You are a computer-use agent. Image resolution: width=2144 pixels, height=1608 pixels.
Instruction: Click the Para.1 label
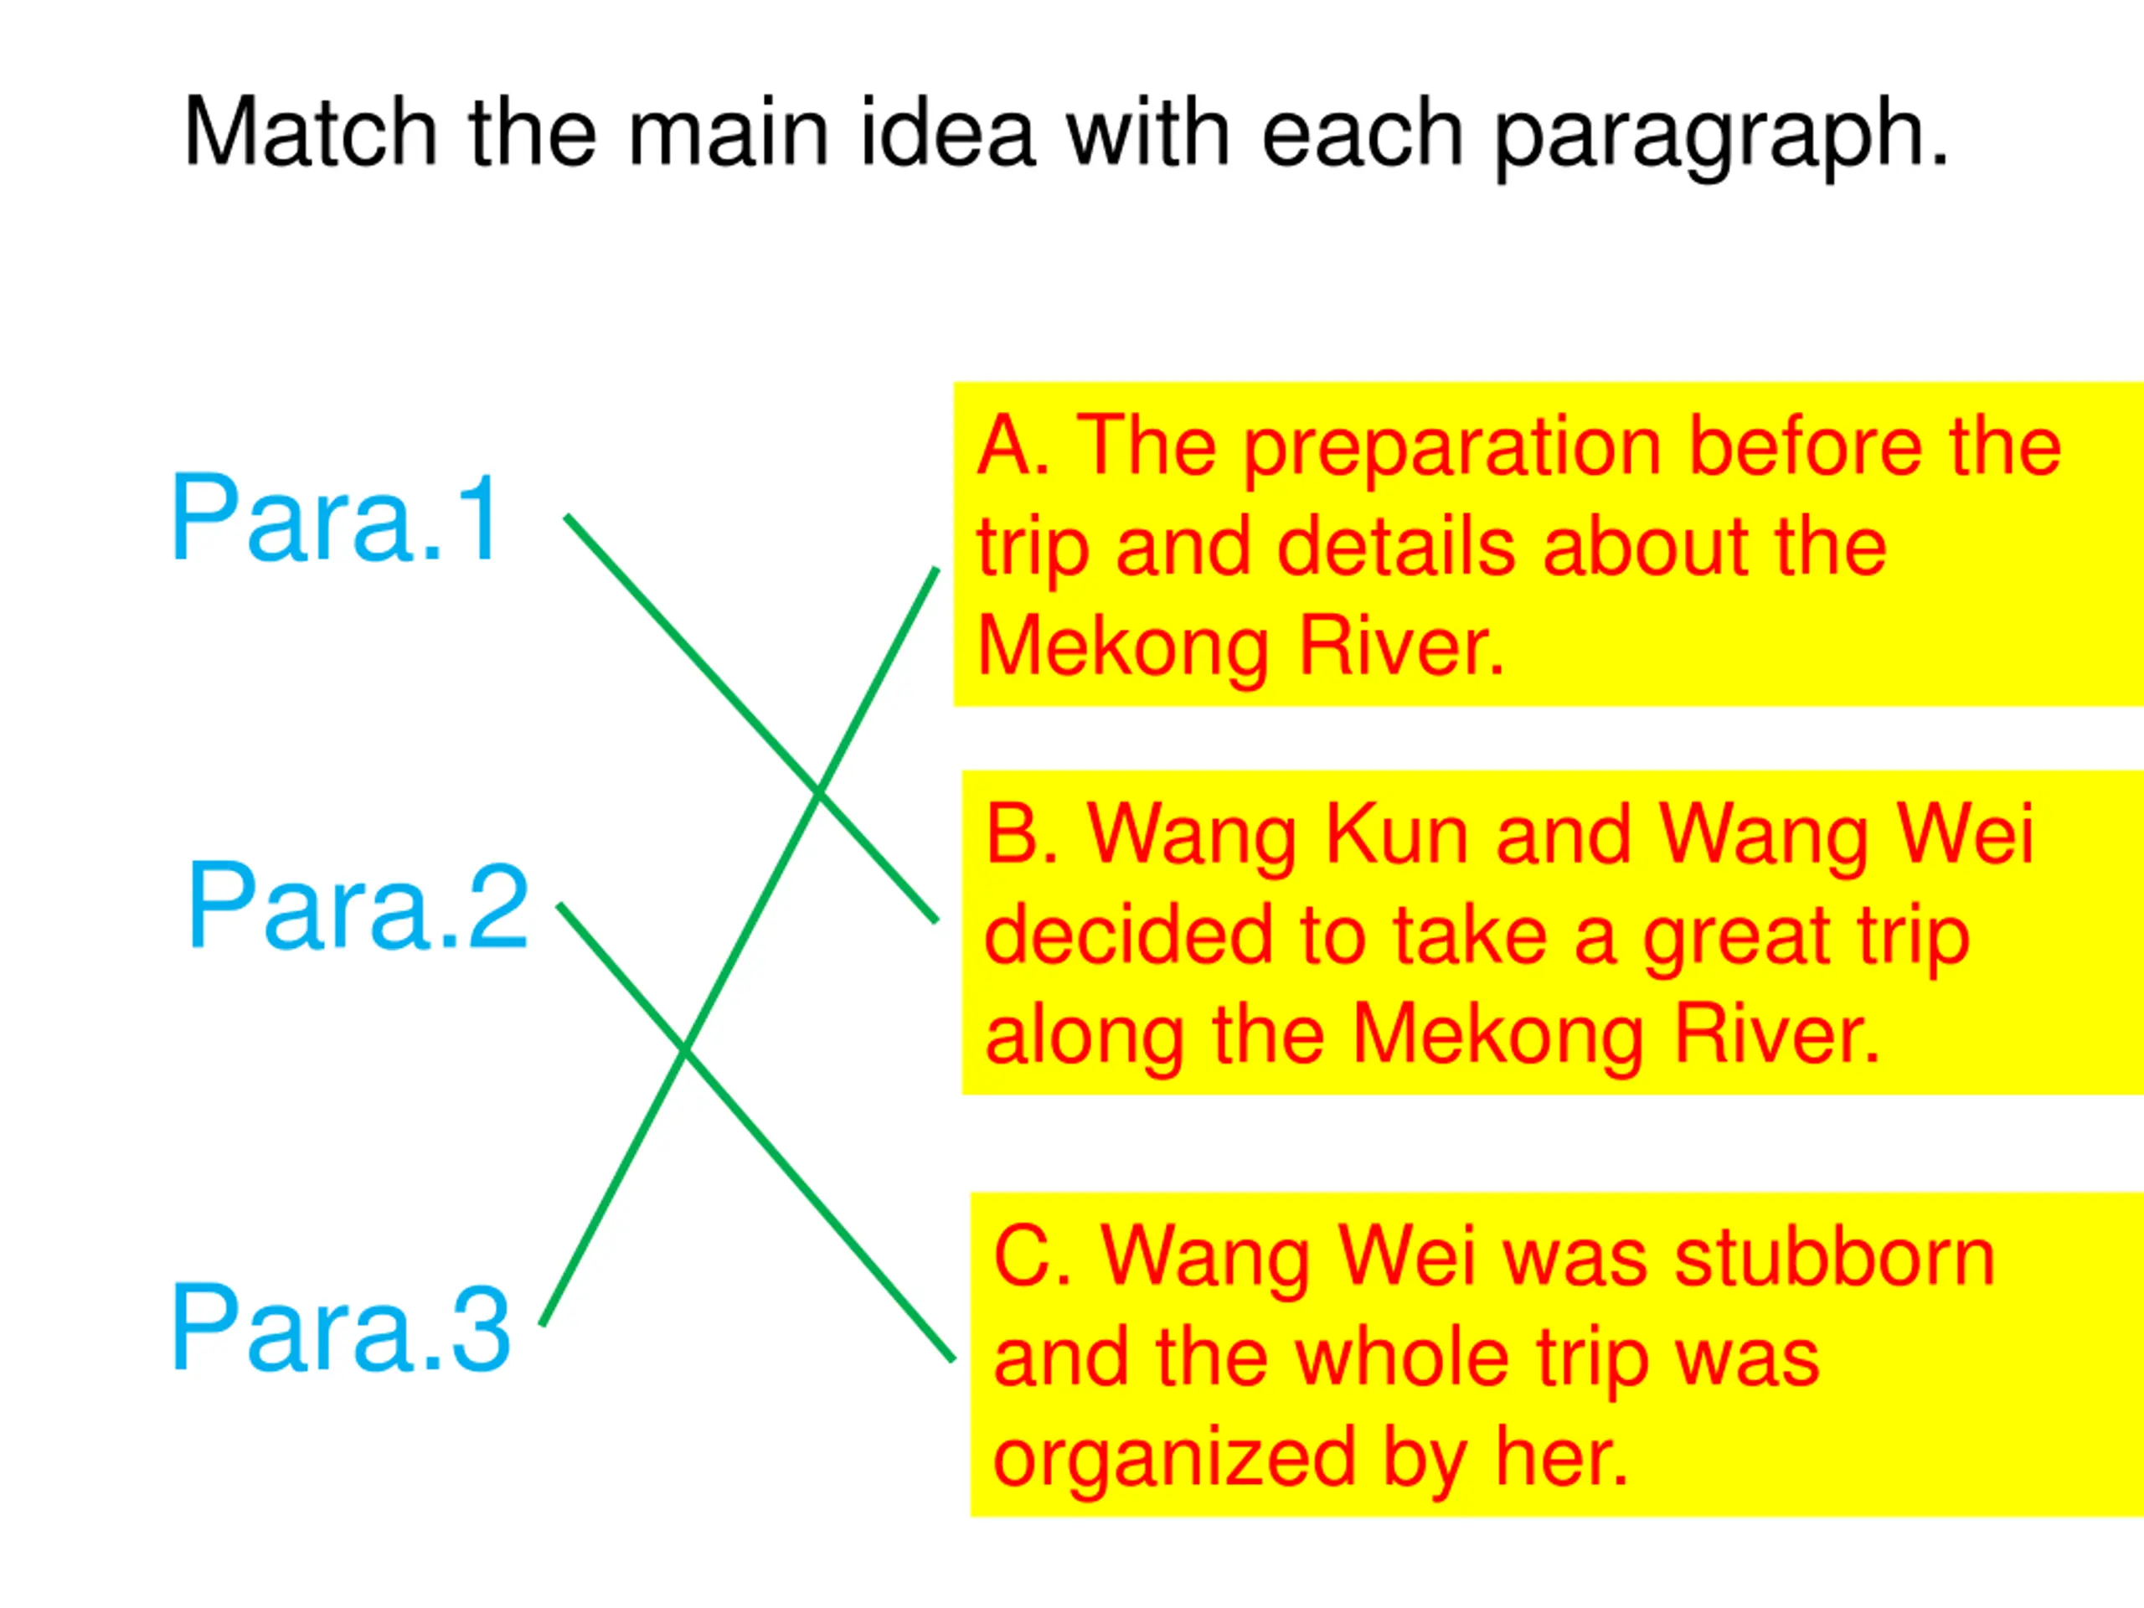pyautogui.click(x=335, y=518)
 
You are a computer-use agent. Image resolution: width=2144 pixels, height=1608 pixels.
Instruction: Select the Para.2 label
pyautogui.click(x=358, y=907)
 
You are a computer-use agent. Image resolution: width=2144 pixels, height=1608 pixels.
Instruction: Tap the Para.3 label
pyautogui.click(x=341, y=1329)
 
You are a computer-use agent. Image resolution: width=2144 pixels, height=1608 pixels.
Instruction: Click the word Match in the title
pyautogui.click(x=310, y=133)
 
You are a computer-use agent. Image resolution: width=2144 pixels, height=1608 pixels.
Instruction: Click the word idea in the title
pyautogui.click(x=948, y=133)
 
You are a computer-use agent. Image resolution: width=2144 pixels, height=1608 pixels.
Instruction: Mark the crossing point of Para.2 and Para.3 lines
pyautogui.click(x=684, y=1052)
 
